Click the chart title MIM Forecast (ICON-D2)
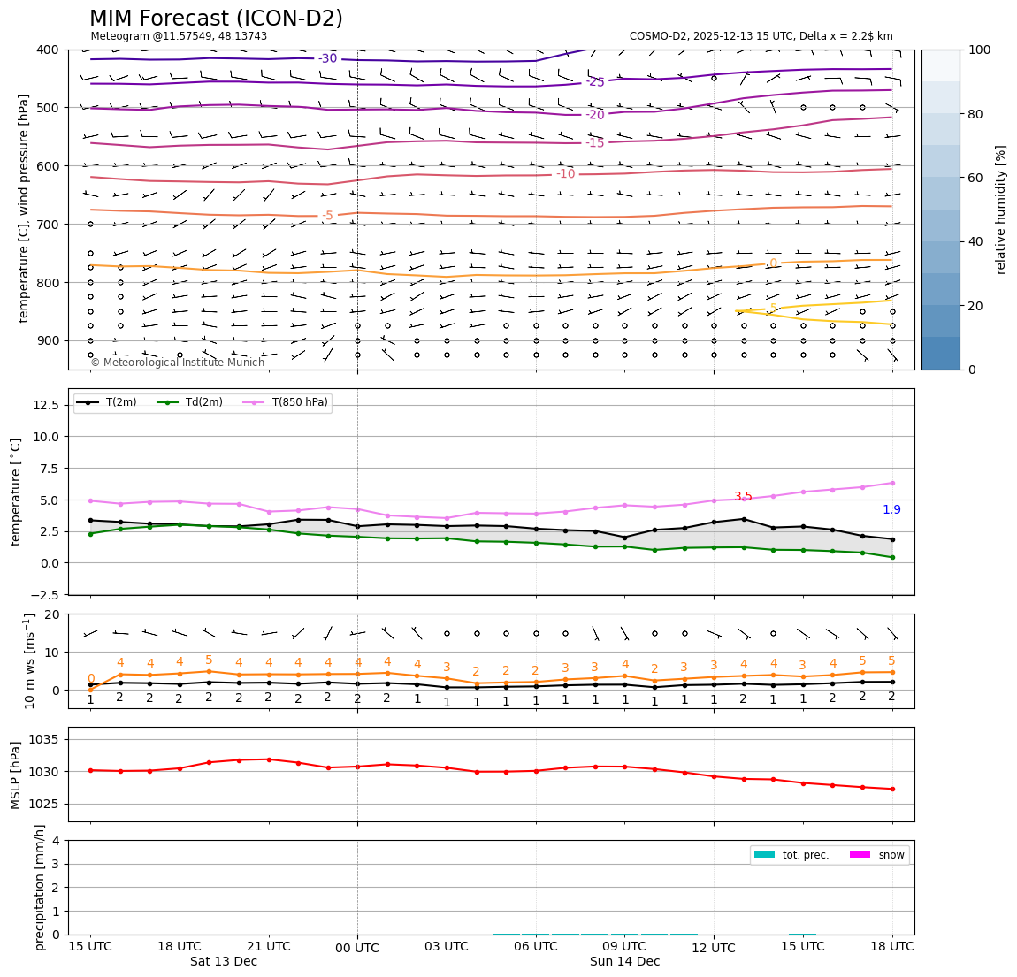coord(216,19)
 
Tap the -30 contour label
coord(328,59)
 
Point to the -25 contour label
coord(595,82)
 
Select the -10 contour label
coord(566,174)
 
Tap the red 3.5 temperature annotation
coord(743,497)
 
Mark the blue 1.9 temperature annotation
coord(891,510)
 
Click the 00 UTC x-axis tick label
coord(357,949)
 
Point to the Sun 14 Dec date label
coord(625,962)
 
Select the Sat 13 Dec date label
coord(224,962)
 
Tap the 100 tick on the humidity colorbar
coord(979,50)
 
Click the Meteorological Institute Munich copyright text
coord(178,363)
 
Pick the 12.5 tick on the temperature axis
coord(45,405)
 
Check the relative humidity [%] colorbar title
coord(1001,210)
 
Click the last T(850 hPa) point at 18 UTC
coord(892,483)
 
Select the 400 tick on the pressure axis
coord(49,50)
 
